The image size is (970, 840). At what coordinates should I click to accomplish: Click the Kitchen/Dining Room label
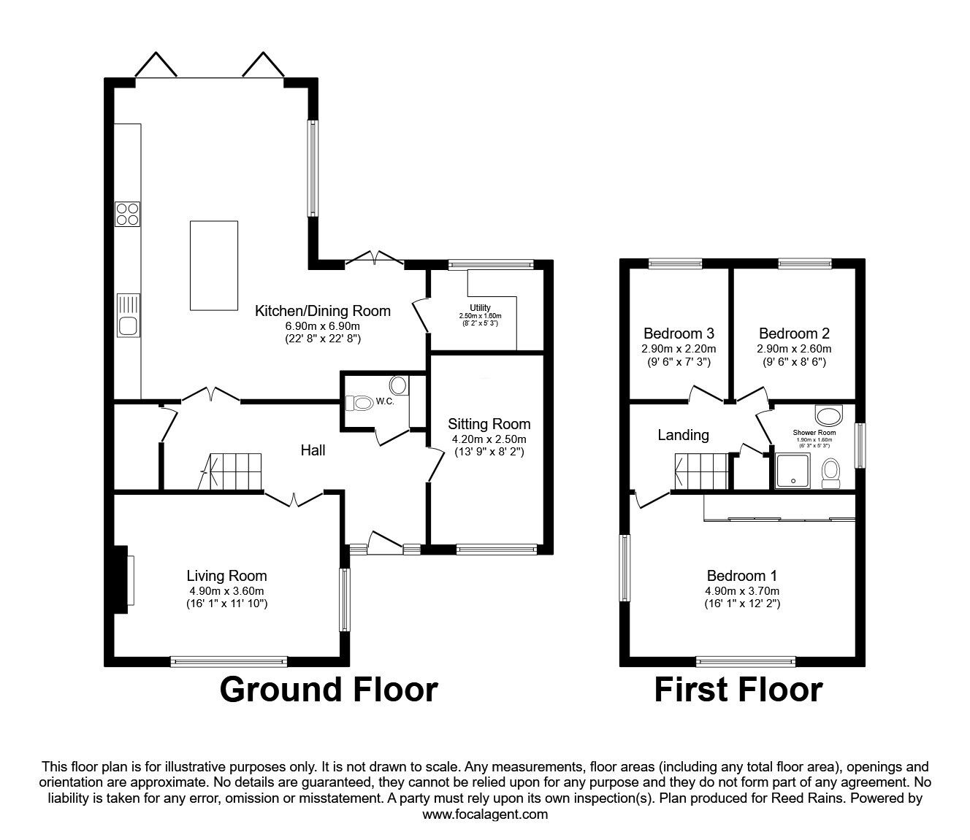[x=322, y=311]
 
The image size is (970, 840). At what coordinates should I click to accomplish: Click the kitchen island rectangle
[x=213, y=265]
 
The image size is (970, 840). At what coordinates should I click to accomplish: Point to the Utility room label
[x=479, y=308]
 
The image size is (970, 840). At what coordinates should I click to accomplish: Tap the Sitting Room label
[x=489, y=424]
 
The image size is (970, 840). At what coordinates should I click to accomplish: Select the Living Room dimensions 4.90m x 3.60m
[x=226, y=591]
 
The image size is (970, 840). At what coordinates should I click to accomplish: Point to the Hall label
[x=313, y=450]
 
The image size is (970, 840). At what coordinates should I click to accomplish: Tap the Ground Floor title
[x=329, y=689]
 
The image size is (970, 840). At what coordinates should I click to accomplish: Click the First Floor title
[x=738, y=689]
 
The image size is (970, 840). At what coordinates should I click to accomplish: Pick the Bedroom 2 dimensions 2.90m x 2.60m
[x=794, y=349]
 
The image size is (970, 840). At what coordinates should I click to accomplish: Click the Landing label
[x=683, y=435]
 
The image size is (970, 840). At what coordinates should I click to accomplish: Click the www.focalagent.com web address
[x=485, y=814]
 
